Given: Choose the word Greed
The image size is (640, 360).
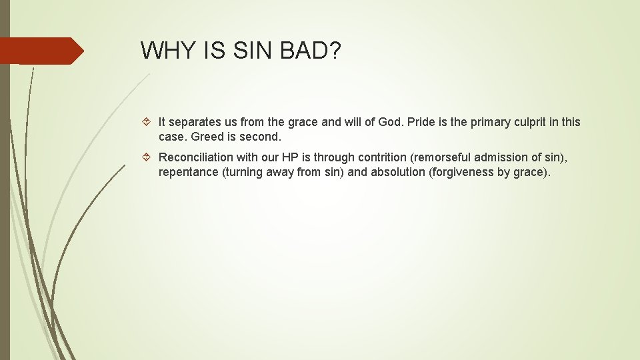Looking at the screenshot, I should pyautogui.click(x=206, y=137).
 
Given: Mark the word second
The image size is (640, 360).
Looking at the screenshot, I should pyautogui.click(x=260, y=137).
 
